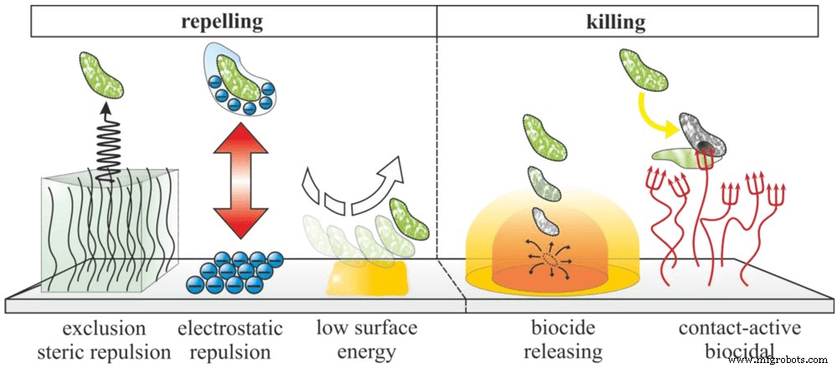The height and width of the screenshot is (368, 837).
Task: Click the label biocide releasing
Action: [x=548, y=338]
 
